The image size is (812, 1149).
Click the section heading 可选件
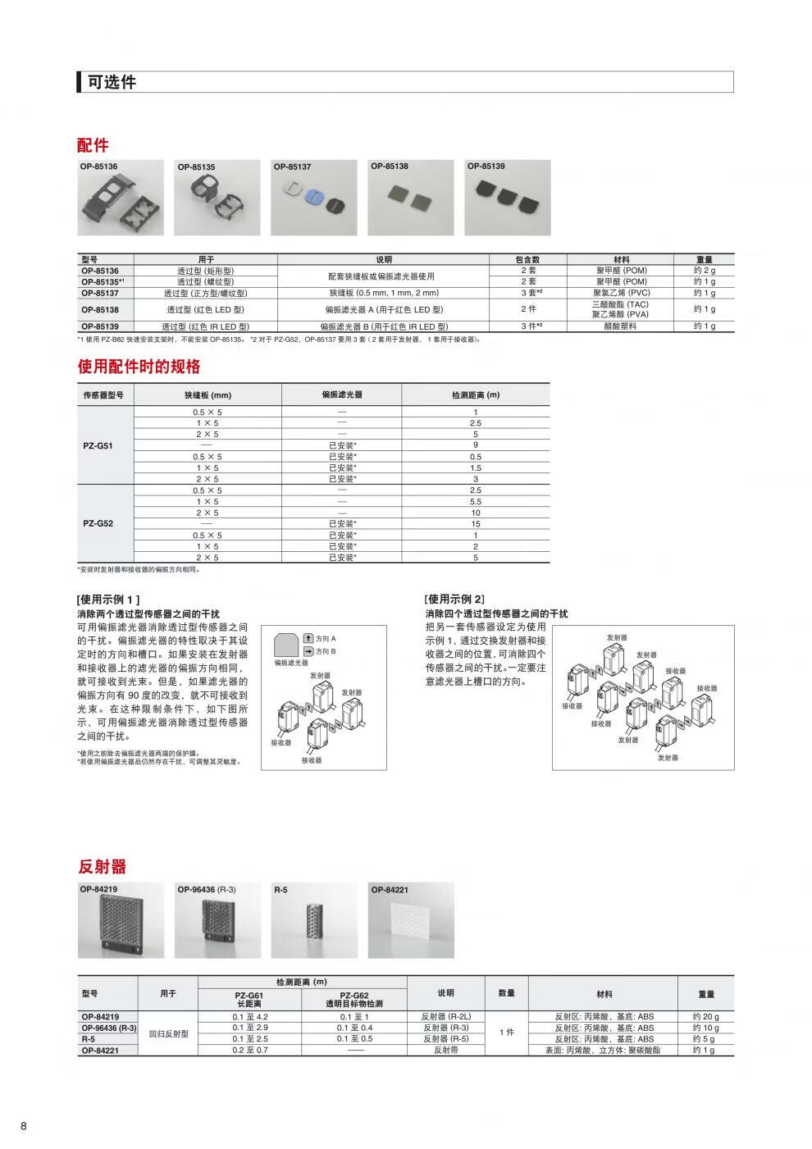point(112,82)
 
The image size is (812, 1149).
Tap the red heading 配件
point(93,145)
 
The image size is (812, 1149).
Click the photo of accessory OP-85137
point(316,198)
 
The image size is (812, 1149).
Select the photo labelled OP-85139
point(508,198)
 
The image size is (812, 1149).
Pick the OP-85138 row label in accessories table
point(99,309)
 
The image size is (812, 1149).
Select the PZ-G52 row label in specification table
point(99,523)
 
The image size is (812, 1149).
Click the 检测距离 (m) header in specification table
point(475,394)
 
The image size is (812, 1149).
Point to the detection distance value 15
point(475,523)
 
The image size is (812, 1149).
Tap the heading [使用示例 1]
point(108,600)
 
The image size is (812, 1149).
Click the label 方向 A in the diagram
point(326,638)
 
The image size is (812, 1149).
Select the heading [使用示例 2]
point(456,600)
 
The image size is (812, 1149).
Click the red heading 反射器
point(102,867)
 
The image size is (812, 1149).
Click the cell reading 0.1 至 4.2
point(250,1017)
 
